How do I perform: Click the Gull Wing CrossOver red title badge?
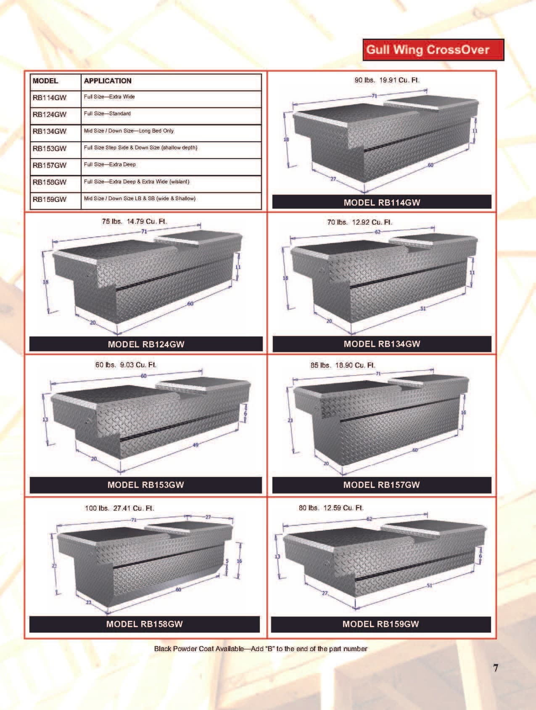[433, 50]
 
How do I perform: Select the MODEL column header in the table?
[45, 81]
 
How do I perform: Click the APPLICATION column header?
[108, 81]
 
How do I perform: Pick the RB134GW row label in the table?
[50, 131]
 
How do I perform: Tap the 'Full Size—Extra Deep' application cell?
[110, 164]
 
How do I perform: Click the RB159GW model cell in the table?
[50, 199]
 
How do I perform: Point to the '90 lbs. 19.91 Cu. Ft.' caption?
[387, 80]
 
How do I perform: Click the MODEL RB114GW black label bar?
[382, 202]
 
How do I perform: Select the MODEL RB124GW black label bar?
[146, 344]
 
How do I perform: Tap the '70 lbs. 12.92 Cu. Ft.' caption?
[359, 222]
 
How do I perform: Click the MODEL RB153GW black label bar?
[145, 485]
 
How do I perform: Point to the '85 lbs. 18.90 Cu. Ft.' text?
[343, 365]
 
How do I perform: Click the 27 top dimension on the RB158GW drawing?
[208, 517]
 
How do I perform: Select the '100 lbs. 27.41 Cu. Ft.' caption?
[119, 508]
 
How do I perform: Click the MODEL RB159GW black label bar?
[380, 624]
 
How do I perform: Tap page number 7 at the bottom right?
[496, 668]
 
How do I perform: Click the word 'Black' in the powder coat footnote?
[162, 649]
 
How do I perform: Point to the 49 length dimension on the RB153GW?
[195, 445]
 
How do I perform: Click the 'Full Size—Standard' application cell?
[107, 114]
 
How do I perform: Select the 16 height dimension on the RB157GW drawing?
[463, 413]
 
